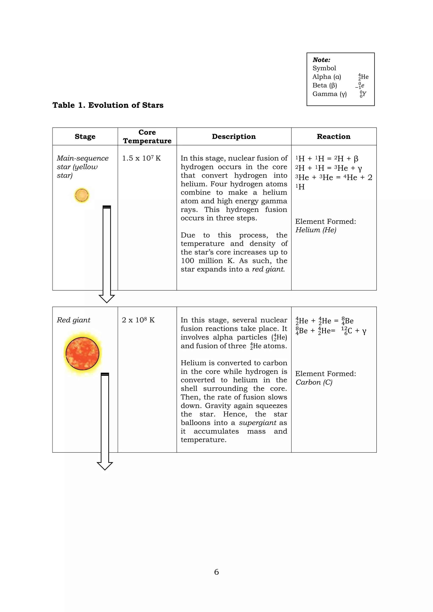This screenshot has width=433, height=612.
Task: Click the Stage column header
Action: (x=85, y=137)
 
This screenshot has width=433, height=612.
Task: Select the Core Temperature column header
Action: (x=147, y=137)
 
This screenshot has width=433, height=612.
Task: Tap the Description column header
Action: (x=234, y=137)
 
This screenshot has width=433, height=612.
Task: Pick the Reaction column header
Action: (x=334, y=137)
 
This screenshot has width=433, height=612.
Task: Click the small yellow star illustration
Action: (x=82, y=195)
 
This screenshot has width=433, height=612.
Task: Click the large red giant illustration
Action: (x=82, y=354)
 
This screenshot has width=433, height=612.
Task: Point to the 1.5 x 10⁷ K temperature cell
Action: (x=141, y=158)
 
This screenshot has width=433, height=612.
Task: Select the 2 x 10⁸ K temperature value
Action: (x=138, y=320)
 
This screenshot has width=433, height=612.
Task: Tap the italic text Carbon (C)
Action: (x=314, y=382)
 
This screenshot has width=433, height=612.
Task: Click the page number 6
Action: (x=216, y=572)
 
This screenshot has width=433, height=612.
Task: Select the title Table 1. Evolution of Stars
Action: (x=108, y=105)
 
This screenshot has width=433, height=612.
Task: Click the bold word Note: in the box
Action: (x=321, y=60)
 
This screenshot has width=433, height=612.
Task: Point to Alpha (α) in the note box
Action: (x=327, y=77)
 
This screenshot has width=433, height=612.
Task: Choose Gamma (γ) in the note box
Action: (x=330, y=94)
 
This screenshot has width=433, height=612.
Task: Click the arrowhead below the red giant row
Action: (x=105, y=466)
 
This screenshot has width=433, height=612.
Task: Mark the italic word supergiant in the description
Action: (x=258, y=423)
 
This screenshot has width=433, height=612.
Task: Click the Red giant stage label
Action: (x=74, y=320)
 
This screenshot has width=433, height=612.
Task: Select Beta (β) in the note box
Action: (x=325, y=85)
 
